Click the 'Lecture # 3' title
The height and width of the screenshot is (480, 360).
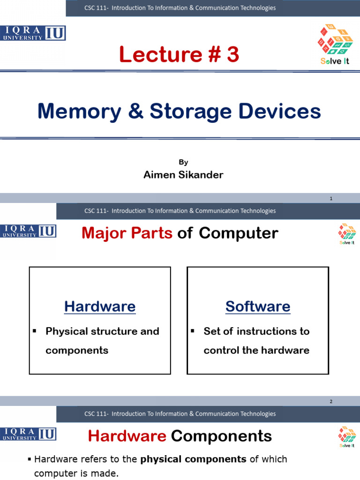click(179, 55)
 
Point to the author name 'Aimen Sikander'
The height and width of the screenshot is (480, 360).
click(183, 175)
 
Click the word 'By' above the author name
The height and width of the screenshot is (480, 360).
click(183, 162)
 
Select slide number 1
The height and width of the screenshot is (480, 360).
click(331, 199)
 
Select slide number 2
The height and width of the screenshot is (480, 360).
click(331, 402)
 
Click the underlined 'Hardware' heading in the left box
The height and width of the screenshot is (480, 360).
click(100, 307)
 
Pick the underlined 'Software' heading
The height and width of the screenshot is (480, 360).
click(258, 307)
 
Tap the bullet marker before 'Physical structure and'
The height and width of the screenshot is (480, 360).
click(35, 331)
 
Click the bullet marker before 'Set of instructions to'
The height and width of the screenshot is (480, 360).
click(192, 331)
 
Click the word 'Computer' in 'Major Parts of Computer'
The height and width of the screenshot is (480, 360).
click(239, 233)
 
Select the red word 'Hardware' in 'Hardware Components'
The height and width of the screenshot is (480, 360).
click(127, 436)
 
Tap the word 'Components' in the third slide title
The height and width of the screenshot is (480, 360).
click(221, 436)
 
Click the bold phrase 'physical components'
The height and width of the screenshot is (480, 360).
click(194, 459)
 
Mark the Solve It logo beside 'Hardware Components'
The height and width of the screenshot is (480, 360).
click(347, 436)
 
